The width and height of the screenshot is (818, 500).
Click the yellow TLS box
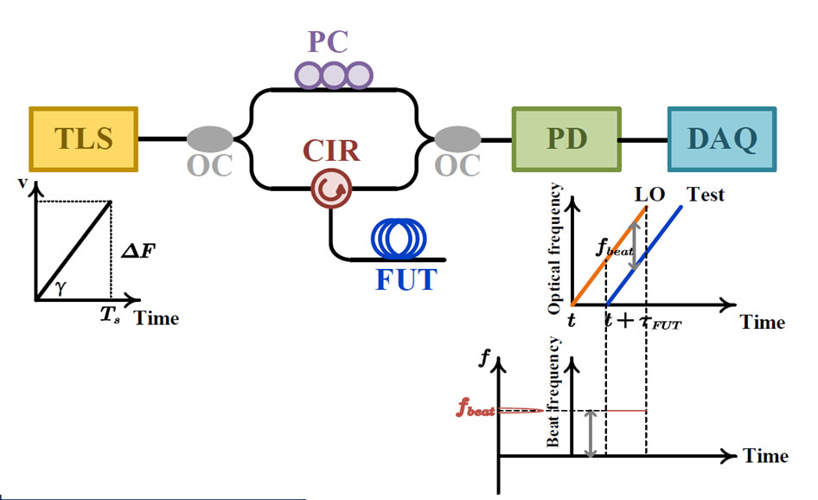83,138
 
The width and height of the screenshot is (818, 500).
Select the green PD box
566,138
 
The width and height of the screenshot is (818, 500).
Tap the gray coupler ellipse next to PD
457,138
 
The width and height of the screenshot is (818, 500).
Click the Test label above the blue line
706,194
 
